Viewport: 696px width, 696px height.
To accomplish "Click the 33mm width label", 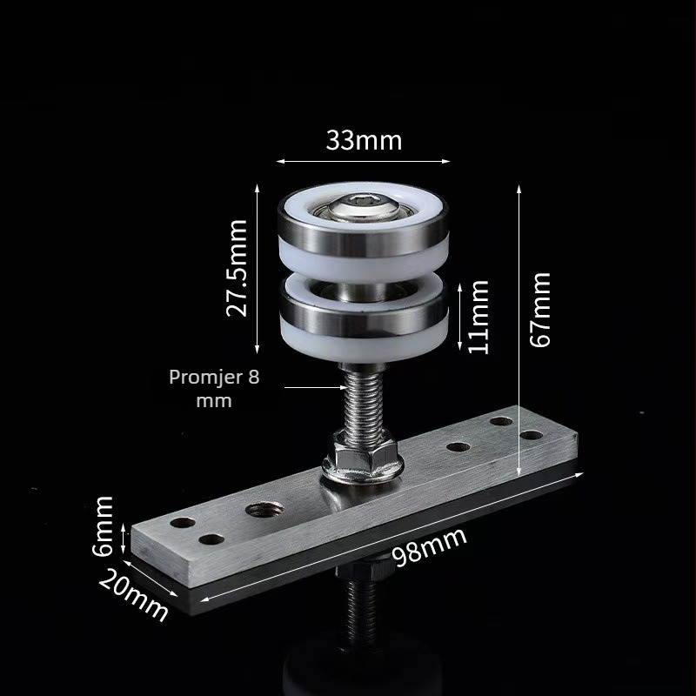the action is tap(364, 140).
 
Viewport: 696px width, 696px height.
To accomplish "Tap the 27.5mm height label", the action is tap(237, 268).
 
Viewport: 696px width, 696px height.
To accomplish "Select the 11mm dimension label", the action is tap(478, 317).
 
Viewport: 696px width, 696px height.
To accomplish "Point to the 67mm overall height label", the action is tap(540, 310).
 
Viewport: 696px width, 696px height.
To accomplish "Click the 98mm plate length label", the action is tap(430, 546).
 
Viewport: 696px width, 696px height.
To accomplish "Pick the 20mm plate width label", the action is tap(133, 595).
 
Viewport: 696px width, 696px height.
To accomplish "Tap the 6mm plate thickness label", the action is tap(103, 526).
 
